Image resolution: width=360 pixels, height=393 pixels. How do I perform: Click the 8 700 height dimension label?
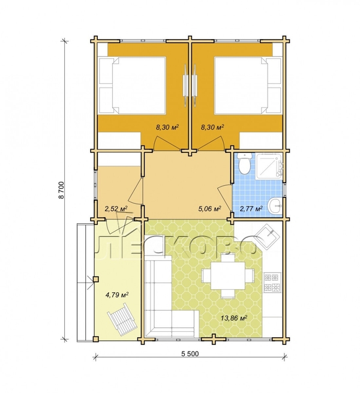(61, 190)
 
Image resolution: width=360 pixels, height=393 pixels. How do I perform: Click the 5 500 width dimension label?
(190, 353)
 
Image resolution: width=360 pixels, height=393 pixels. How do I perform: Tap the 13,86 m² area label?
(234, 319)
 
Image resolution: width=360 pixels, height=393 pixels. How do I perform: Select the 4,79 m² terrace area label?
(117, 295)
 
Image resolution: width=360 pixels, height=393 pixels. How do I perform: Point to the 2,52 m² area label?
(116, 209)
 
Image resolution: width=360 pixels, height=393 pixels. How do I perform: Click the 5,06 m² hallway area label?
(209, 209)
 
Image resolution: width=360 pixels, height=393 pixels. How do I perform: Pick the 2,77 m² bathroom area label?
(251, 209)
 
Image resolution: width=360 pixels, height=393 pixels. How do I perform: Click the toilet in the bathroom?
(244, 163)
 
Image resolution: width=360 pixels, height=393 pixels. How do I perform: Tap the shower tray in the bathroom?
(269, 166)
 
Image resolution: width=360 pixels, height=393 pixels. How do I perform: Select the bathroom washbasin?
(275, 206)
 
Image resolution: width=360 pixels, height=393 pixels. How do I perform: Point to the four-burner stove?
(271, 283)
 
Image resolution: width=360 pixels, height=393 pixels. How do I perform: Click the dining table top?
(228, 275)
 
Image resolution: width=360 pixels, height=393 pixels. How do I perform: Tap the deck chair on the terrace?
(122, 319)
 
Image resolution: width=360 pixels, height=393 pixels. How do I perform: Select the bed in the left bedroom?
(132, 86)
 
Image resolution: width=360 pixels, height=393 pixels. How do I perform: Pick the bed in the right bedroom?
(248, 86)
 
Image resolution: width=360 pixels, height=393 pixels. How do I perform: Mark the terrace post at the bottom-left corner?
(95, 339)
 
